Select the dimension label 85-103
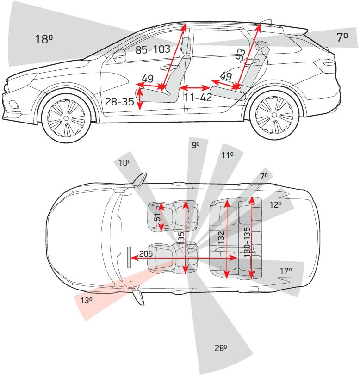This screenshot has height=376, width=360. (x=153, y=49)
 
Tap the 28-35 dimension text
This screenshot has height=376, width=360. (x=119, y=101)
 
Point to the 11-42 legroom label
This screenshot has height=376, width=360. (x=198, y=98)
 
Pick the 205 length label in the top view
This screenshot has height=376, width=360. (x=146, y=253)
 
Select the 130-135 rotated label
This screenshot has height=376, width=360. (x=247, y=242)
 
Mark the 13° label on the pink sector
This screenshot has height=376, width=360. (x=87, y=300)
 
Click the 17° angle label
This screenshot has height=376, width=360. (x=286, y=271)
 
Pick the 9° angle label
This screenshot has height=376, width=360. (x=196, y=145)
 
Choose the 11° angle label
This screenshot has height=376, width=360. (x=227, y=155)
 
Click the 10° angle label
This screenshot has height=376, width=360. (x=124, y=163)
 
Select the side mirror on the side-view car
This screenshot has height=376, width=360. (x=120, y=56)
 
